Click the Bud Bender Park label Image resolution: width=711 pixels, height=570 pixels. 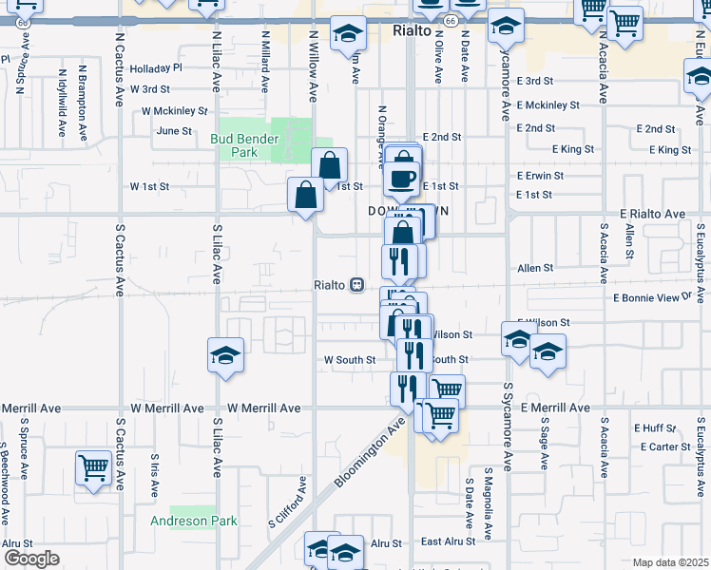coord(244,145)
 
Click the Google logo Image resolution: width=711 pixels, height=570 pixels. coord(30,559)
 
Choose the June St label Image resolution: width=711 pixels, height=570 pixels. coord(174,131)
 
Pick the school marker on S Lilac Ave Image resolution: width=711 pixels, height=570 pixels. coord(225,356)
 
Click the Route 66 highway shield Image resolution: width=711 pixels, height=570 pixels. coord(451,20)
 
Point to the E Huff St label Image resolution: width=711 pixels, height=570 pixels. coord(657,428)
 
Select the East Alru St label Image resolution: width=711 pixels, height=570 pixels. coord(448,541)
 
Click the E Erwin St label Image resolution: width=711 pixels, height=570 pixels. coord(541,176)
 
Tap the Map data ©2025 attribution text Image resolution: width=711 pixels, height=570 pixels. coord(670,562)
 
